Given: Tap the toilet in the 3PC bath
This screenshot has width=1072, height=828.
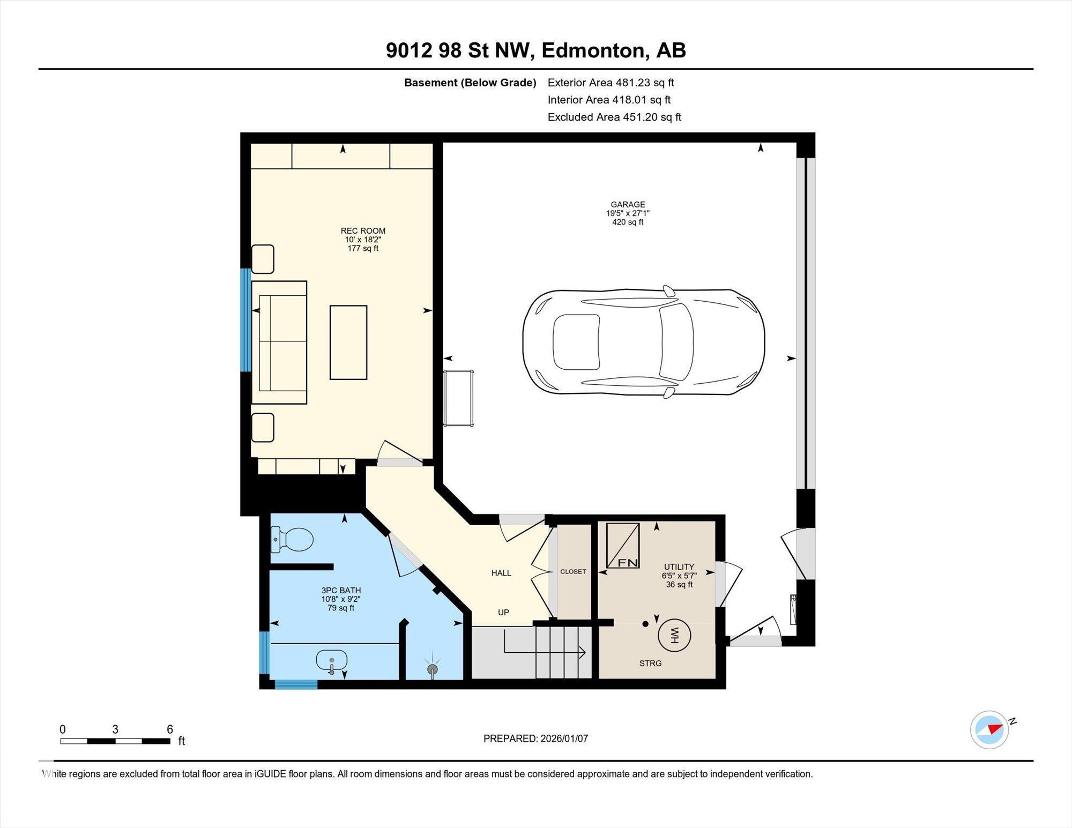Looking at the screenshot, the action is [292, 540].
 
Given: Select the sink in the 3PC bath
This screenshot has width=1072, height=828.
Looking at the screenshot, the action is [331, 661].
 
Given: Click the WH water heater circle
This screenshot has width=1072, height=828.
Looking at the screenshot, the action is [674, 636].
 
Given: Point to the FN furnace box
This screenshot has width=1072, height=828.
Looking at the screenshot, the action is [623, 546].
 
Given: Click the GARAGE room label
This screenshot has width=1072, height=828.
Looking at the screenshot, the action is [628, 204].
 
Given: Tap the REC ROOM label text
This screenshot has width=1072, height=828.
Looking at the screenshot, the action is [363, 231].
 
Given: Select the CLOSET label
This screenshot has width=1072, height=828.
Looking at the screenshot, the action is [573, 571].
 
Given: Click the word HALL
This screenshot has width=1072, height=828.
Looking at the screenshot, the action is [501, 573].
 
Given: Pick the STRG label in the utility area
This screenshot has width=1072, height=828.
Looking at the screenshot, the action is [650, 663].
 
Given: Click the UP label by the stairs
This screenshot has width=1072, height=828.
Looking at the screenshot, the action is [503, 612].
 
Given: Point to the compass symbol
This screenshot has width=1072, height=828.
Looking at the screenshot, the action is [989, 729].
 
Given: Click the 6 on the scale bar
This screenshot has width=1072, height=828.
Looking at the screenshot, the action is [170, 729].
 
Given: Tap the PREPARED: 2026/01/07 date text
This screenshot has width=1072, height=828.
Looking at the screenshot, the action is [535, 739].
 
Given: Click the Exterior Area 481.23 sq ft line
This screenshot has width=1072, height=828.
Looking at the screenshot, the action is [611, 83].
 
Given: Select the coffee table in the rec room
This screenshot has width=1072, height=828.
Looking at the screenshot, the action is [348, 342].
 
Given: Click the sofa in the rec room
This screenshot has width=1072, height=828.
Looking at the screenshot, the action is [279, 342].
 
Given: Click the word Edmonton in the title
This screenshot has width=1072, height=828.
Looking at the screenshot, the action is [592, 50].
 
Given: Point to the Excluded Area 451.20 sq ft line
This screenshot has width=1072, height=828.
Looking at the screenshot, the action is [614, 117].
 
